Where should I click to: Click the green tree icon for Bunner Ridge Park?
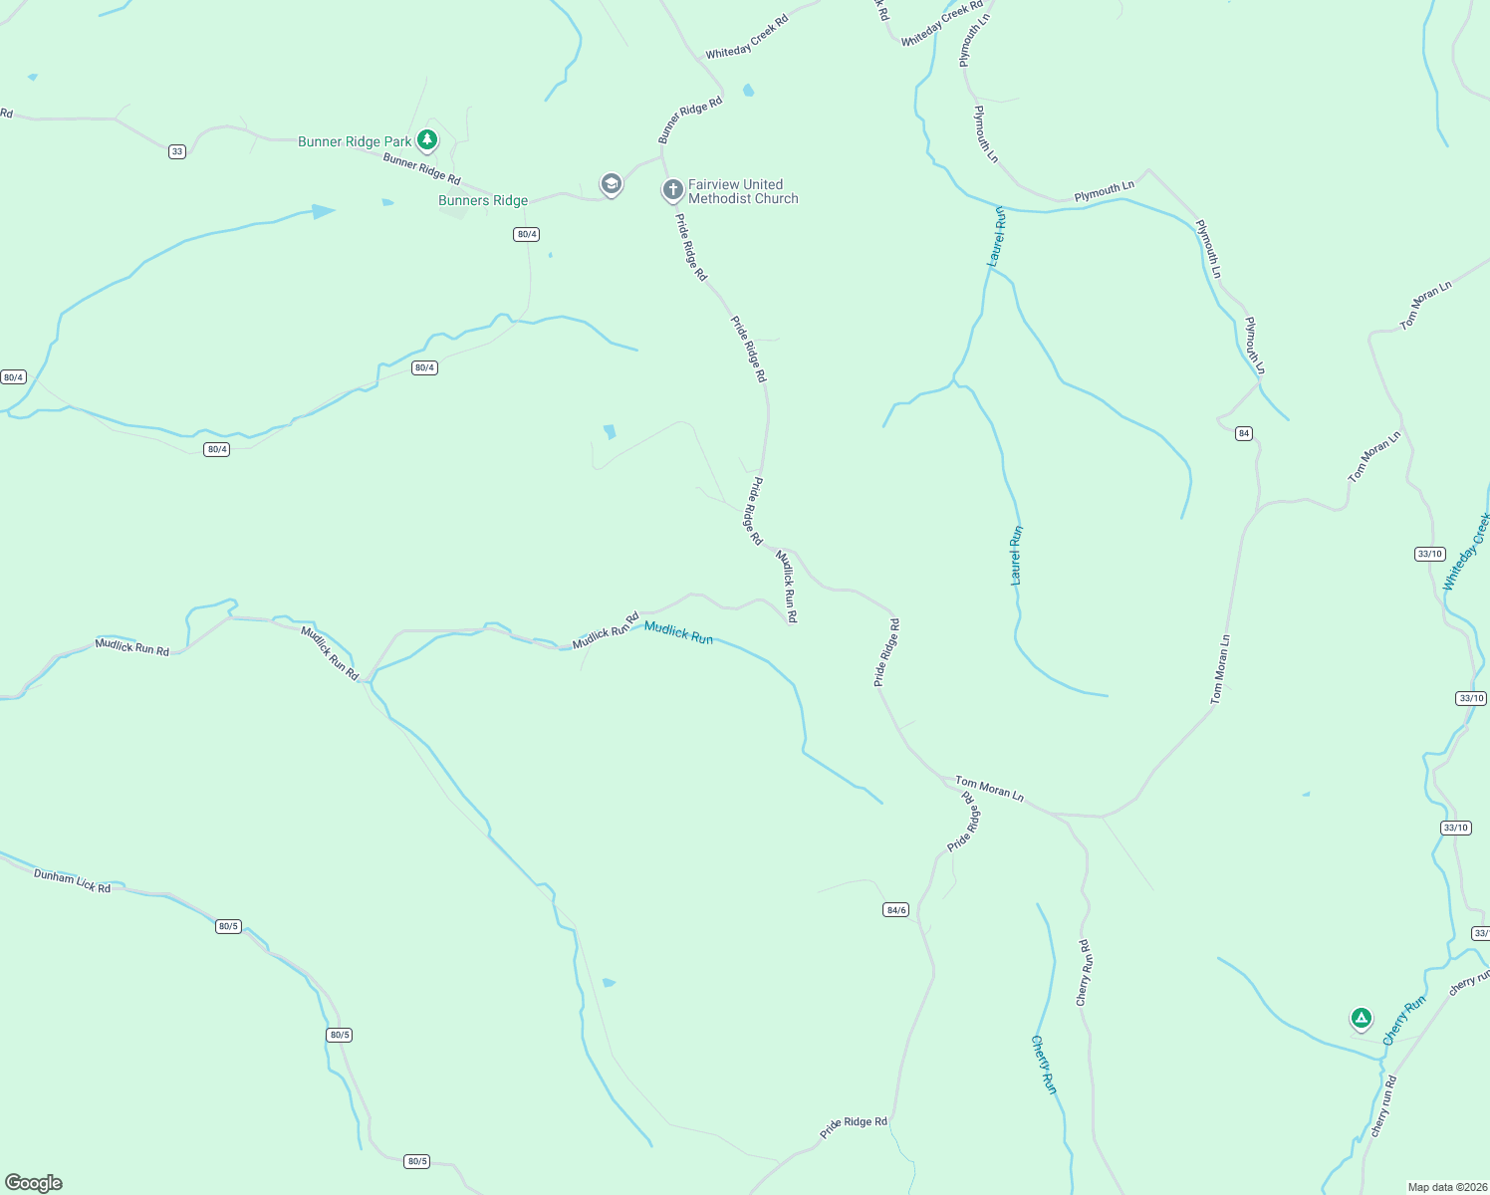(x=427, y=139)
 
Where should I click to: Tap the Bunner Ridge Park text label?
(x=355, y=141)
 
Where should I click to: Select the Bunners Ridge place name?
(x=483, y=200)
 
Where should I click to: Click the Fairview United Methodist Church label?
(x=743, y=191)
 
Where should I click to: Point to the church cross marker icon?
(x=672, y=189)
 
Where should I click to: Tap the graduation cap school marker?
(x=611, y=184)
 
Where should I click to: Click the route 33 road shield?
(x=177, y=151)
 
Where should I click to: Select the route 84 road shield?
(x=1243, y=433)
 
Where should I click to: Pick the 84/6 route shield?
(x=895, y=909)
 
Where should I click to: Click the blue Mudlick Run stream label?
(x=678, y=632)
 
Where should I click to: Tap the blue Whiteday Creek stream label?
(x=1466, y=552)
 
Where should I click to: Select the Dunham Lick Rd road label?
(x=72, y=880)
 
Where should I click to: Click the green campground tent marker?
(x=1361, y=1018)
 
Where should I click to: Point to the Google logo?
(x=34, y=1183)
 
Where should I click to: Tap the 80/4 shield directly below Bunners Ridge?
(x=526, y=234)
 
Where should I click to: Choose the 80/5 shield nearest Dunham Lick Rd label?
(x=228, y=926)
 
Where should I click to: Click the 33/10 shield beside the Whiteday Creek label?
(x=1429, y=554)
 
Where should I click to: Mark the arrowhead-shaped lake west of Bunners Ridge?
(x=323, y=211)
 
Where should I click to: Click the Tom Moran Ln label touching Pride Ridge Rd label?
(x=989, y=789)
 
